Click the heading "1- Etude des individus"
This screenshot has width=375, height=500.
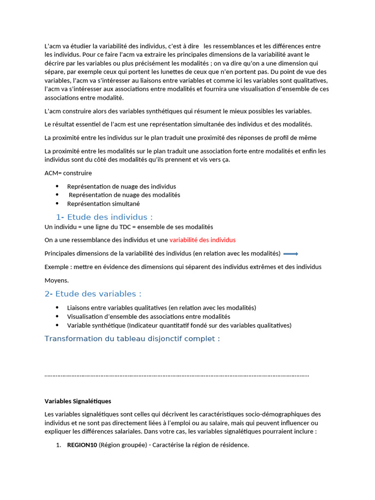point(104,217)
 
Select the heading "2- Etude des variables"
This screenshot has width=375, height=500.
point(93,294)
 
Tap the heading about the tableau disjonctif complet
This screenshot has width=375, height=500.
point(132,339)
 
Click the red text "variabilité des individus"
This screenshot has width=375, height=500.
point(202,240)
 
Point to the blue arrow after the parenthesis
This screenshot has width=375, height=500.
point(291,253)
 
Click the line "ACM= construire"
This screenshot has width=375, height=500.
point(68,173)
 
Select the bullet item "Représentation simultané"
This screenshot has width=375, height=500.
point(103,204)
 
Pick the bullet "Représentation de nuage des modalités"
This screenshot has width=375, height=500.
point(124,195)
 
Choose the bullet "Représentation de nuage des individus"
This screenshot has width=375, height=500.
point(122,187)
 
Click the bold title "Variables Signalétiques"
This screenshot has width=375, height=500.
point(78,401)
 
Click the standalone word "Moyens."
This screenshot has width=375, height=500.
point(57,280)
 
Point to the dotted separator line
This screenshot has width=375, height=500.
point(176,375)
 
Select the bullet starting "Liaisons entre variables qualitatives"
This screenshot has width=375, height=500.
point(161,308)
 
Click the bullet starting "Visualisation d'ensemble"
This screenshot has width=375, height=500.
point(148,316)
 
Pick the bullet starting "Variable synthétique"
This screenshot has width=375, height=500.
point(179,325)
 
